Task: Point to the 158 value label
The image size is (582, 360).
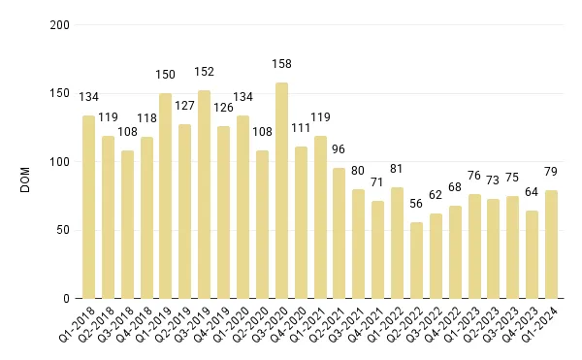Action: click(281, 64)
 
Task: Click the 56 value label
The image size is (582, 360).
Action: click(417, 204)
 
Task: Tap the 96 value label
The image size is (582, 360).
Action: click(339, 149)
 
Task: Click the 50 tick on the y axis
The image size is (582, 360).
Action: click(64, 230)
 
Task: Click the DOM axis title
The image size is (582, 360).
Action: click(26, 162)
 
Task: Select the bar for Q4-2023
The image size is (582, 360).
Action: click(533, 254)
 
